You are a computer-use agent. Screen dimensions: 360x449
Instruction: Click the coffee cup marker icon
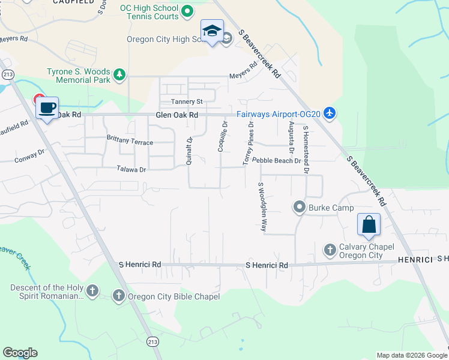(x=47, y=109)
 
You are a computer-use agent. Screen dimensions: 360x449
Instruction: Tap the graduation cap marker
(x=212, y=31)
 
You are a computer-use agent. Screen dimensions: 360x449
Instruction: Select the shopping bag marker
(x=369, y=225)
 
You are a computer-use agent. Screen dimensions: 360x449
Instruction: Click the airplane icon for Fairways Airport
(x=329, y=112)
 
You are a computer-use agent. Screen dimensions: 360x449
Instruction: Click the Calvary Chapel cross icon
(x=330, y=249)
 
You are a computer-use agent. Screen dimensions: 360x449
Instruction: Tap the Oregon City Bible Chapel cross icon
(x=119, y=295)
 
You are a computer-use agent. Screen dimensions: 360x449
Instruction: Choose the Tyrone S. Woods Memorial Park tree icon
(x=120, y=74)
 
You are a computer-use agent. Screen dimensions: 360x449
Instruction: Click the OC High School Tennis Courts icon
(x=187, y=10)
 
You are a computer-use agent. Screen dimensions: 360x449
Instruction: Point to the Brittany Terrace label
(x=130, y=143)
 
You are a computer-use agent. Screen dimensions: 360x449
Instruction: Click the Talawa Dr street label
(x=127, y=170)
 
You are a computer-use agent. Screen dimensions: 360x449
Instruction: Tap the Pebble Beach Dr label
(x=276, y=161)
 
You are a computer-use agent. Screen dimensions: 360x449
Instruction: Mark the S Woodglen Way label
(x=262, y=207)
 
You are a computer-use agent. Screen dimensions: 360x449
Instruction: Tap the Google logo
(x=20, y=353)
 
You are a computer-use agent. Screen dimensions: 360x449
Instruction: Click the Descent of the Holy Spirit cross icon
(x=92, y=292)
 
